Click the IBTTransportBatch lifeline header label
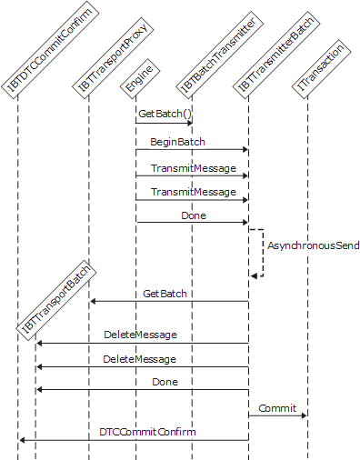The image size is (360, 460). [x=59, y=301]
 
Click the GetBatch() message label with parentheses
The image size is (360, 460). [x=164, y=115]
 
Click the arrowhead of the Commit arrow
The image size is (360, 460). [x=304, y=416]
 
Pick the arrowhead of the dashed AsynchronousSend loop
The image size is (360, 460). [x=255, y=275]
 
